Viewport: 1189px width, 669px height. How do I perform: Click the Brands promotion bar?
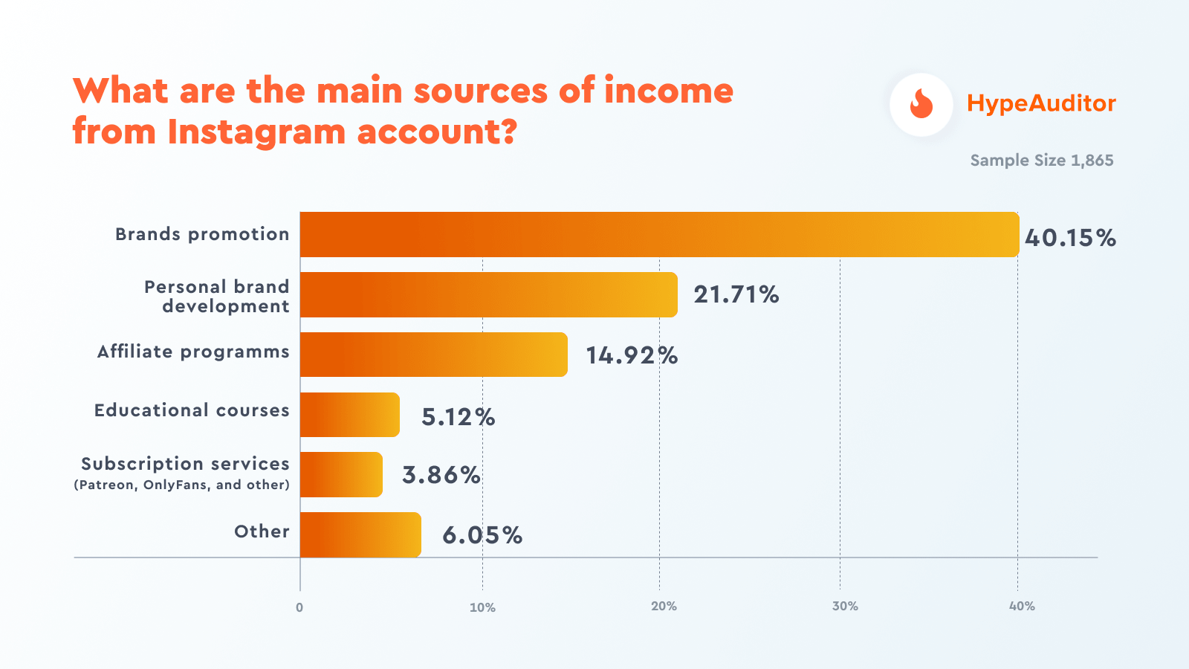[659, 235]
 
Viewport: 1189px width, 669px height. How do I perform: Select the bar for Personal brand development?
[489, 295]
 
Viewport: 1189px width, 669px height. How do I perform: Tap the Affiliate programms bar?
[434, 355]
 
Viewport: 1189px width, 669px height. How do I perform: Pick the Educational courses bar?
[350, 415]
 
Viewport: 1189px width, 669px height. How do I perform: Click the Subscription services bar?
[341, 475]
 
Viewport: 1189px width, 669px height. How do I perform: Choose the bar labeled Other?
[360, 534]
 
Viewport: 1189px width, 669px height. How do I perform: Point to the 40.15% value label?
[1070, 238]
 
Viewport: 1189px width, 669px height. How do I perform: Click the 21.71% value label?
[736, 295]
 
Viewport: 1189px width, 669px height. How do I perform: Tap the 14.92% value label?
[632, 355]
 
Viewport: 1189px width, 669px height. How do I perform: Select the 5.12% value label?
[458, 417]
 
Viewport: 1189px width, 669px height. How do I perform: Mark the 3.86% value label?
[441, 475]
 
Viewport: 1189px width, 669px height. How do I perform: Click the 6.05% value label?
[482, 535]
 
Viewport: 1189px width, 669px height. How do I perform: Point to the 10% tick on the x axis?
[482, 607]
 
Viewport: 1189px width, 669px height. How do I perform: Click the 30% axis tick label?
[845, 607]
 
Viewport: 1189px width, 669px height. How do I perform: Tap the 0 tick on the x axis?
[299, 607]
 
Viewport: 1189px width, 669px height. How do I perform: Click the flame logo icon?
[921, 104]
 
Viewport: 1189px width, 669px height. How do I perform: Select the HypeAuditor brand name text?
[1041, 103]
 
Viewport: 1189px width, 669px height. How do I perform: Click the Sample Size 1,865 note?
[1042, 161]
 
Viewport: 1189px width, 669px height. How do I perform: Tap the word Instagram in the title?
[257, 132]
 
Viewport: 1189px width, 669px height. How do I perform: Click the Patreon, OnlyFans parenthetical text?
[182, 485]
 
